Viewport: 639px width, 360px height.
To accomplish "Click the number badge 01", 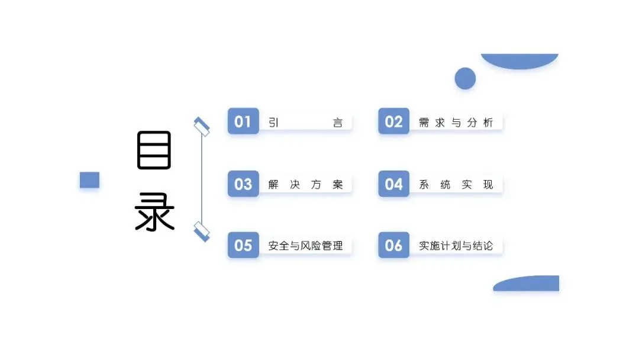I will click(x=243, y=122).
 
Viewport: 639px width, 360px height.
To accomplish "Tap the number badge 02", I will click(x=393, y=122).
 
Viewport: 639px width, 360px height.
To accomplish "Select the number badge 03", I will click(x=243, y=184).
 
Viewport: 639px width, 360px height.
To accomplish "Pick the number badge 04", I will click(x=393, y=184).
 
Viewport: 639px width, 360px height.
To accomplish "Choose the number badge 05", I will click(x=243, y=246).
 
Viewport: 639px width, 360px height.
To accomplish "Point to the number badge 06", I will click(x=393, y=246).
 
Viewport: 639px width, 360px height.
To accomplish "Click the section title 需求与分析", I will click(x=456, y=123).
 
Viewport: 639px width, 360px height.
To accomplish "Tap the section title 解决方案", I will click(x=305, y=185).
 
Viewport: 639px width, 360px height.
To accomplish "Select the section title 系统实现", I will click(x=456, y=185).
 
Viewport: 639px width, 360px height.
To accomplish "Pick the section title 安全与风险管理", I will click(x=305, y=246).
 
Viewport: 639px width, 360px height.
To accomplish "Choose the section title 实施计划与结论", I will click(x=456, y=246).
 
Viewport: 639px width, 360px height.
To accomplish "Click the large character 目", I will click(x=154, y=150).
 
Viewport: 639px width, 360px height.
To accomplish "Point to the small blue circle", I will click(x=465, y=78).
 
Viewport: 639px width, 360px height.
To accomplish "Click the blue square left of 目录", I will click(x=89, y=180).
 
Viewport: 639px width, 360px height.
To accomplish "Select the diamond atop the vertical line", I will click(x=202, y=127).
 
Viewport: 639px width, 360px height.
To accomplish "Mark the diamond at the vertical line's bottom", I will click(x=202, y=231).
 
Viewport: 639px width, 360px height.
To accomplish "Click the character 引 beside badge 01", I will click(x=273, y=123).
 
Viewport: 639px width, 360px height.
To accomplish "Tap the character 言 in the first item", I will click(x=338, y=123).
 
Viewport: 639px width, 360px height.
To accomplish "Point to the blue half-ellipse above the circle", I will click(x=519, y=60).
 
